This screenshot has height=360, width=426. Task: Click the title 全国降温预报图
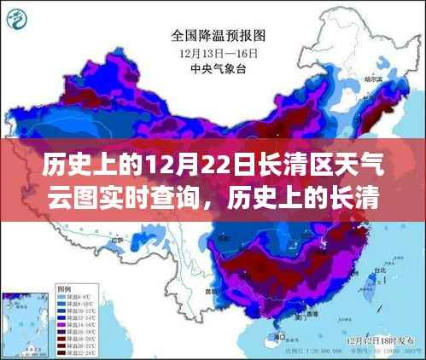(219, 36)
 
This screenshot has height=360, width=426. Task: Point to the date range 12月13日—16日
(219, 52)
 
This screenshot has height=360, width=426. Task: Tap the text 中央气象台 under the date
(219, 67)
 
